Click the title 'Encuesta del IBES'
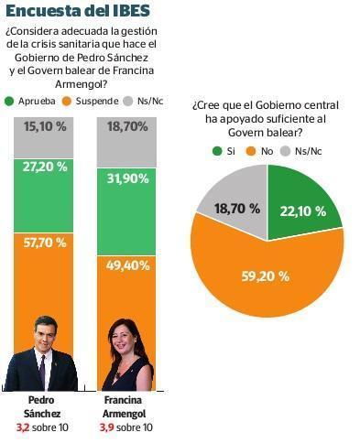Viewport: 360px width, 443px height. (78, 11)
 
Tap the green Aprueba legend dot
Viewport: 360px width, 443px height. (9, 102)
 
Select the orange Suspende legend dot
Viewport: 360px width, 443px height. (66, 102)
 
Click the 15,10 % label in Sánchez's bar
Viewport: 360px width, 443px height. (45, 126)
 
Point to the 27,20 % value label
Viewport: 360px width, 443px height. (45, 167)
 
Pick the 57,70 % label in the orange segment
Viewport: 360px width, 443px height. (45, 243)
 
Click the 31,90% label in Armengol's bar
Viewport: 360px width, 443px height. (127, 178)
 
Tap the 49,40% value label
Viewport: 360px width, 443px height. (127, 265)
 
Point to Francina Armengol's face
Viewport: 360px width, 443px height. (121, 340)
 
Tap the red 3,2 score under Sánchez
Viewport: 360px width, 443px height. (23, 427)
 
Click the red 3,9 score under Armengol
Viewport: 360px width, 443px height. (106, 427)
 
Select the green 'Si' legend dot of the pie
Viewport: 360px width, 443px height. (217, 151)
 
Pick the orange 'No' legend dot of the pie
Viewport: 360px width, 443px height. (251, 151)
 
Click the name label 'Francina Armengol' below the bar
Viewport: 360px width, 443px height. (124, 406)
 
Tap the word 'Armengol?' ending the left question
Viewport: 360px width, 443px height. (82, 84)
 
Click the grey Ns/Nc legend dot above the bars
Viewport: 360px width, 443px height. (128, 102)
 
